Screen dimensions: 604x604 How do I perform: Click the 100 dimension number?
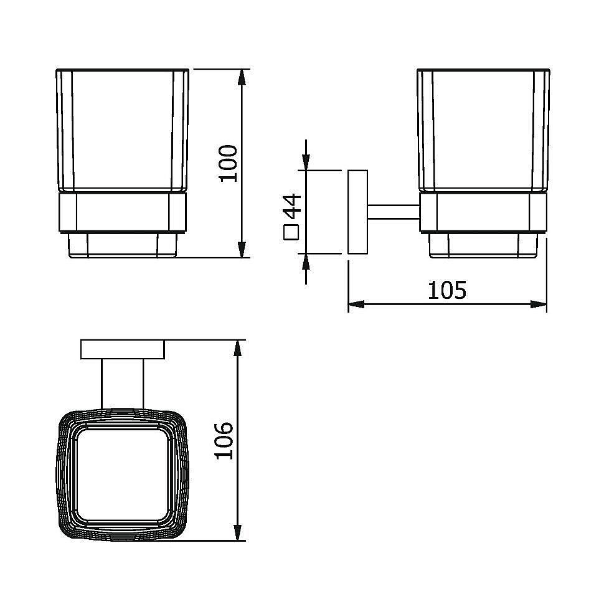tap(228, 163)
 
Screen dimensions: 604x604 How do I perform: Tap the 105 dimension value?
tap(447, 290)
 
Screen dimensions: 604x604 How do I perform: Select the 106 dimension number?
tap(224, 441)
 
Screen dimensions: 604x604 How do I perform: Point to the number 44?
tap(291, 207)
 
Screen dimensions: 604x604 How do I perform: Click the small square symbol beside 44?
tap(291, 233)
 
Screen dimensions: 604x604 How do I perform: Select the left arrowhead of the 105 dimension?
tap(356, 304)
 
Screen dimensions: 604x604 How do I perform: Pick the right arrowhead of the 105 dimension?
tap(539, 304)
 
